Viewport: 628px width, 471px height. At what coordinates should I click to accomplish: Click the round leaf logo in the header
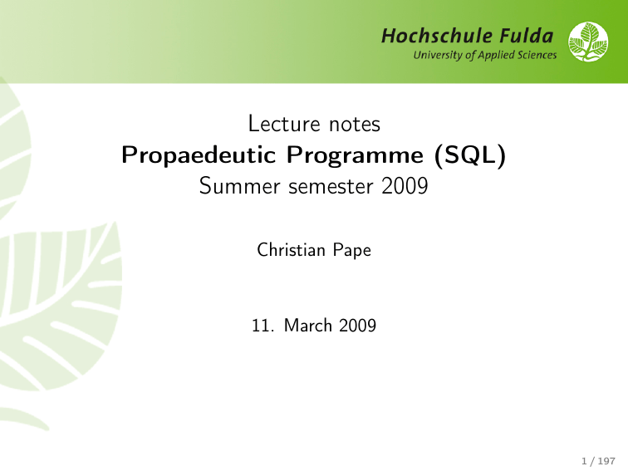coord(588,42)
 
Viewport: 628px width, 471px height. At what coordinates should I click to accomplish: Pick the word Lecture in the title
coord(284,123)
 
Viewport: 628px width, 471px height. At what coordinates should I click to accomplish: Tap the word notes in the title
coord(355,125)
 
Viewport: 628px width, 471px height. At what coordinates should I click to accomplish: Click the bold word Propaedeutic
coord(199,155)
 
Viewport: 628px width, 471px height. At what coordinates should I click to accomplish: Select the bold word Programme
coord(355,155)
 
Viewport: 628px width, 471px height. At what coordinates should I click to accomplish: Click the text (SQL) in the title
coord(470,155)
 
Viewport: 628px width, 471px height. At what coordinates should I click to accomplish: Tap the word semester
coord(331,187)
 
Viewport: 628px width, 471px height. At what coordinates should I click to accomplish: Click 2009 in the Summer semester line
coord(405,186)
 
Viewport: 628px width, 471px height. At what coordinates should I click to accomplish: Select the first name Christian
coord(292,250)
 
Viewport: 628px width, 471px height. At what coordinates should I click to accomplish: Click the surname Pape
coord(352,251)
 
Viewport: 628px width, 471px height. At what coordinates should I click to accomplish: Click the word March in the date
coord(308,326)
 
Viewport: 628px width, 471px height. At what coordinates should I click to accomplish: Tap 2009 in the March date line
coord(358,326)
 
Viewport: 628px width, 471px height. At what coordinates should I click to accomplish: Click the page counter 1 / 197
coord(598,461)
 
